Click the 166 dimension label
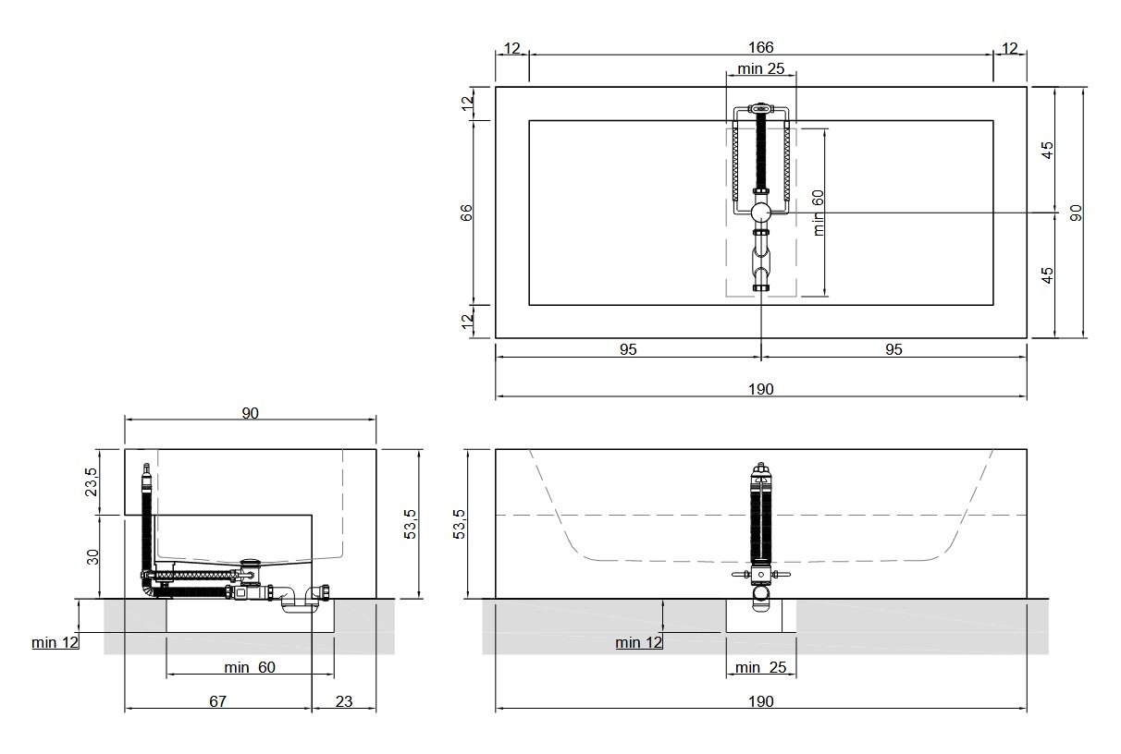(x=760, y=47)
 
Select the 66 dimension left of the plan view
(x=466, y=213)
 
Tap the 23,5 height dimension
(x=91, y=481)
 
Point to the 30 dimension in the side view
(x=92, y=556)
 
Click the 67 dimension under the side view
(x=217, y=701)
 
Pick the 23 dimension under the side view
(x=344, y=701)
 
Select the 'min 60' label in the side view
(x=250, y=667)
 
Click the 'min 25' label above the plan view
(x=760, y=68)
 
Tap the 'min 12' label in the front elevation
(x=638, y=642)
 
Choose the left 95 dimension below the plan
(x=628, y=349)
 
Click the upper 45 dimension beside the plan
(x=1047, y=150)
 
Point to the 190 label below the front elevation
(x=760, y=701)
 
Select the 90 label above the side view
(x=251, y=413)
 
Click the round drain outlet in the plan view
(x=760, y=213)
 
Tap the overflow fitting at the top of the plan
(x=760, y=108)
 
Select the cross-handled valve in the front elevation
(x=760, y=575)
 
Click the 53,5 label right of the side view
(x=410, y=524)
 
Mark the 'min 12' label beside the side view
(x=55, y=642)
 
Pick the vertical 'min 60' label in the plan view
(x=818, y=213)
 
